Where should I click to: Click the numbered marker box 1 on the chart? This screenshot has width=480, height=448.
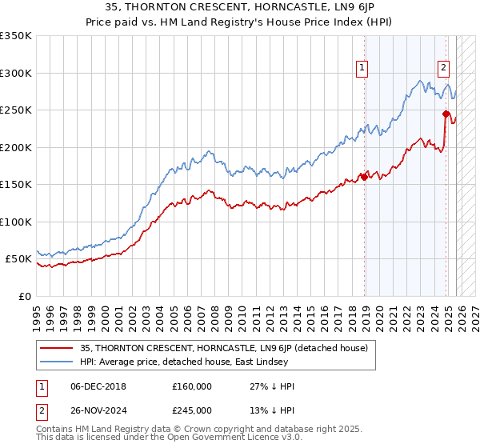click(x=362, y=69)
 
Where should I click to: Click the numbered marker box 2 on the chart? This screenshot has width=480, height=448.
click(x=443, y=69)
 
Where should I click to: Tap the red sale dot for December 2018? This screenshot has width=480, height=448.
click(x=365, y=177)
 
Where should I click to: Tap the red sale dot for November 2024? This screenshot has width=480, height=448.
click(x=446, y=114)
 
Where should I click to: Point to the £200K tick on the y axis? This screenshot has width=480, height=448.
click(x=16, y=147)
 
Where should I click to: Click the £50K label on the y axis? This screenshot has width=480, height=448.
click(x=19, y=259)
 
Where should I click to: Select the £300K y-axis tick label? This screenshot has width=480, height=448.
click(x=16, y=73)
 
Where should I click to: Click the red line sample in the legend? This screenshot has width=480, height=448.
click(x=57, y=348)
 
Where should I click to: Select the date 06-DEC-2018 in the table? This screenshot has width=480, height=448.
click(x=98, y=386)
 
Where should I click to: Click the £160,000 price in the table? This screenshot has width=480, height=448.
click(x=191, y=386)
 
